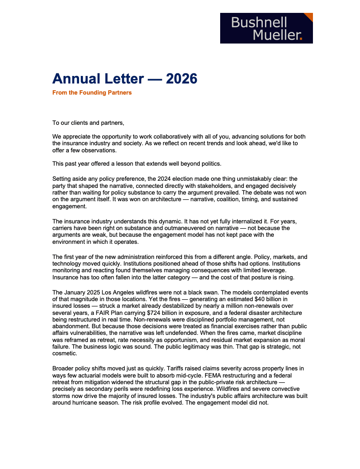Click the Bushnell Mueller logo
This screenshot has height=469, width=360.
click(x=266, y=28)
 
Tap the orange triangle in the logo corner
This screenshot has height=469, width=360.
click(x=309, y=17)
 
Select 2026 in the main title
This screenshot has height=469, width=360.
click(x=181, y=79)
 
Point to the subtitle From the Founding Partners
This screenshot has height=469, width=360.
click(x=92, y=93)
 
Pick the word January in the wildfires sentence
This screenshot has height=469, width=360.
click(x=77, y=293)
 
